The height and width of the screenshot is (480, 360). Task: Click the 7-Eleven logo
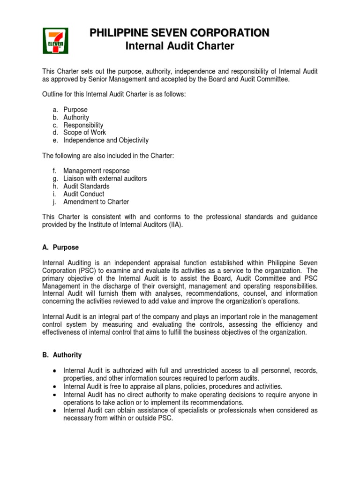pos(55,40)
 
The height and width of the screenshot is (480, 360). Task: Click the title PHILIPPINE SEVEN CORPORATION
pos(180,33)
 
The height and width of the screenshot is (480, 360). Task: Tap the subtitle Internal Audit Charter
pos(180,46)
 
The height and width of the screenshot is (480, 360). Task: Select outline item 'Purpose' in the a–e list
pos(75,110)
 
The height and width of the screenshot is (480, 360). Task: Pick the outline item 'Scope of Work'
pos(85,133)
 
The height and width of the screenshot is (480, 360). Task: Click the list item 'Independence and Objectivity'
pos(106,140)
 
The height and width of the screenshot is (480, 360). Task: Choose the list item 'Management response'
pos(97,171)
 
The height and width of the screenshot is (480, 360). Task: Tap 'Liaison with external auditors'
pos(105,179)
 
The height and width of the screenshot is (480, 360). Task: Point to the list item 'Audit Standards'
pos(86,186)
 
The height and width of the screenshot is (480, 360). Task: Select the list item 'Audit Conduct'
pos(84,194)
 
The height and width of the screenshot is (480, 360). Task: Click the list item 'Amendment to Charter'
pos(96,202)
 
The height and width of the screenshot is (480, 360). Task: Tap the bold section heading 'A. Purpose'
pos(60,247)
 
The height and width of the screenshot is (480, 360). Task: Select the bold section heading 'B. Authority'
pos(62,355)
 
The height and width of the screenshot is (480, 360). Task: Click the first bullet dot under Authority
pos(55,371)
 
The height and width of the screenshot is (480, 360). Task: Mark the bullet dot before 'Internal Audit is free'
pos(55,387)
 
